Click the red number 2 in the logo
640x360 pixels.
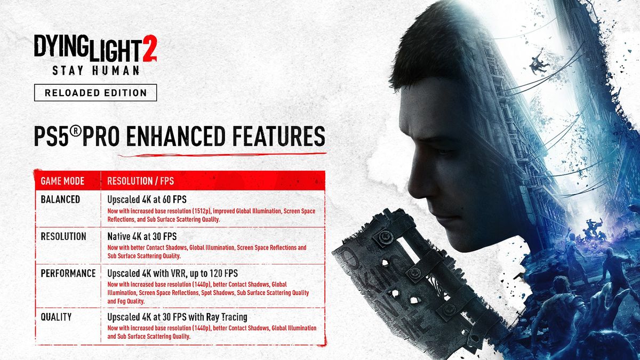coord(150,48)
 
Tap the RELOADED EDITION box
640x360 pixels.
coord(95,93)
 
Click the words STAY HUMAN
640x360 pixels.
coord(95,70)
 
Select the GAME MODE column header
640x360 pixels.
coord(62,181)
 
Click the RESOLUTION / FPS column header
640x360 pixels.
coord(141,181)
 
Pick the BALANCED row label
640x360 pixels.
coord(60,199)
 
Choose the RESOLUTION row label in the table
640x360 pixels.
coord(63,236)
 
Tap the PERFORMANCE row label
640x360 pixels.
coord(68,273)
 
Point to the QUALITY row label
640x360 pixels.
coord(56,317)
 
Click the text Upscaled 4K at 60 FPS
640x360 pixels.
coord(147,199)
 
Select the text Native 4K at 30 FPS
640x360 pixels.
coord(142,236)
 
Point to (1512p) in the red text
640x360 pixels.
coord(202,211)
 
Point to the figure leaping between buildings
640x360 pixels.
coord(538,62)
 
